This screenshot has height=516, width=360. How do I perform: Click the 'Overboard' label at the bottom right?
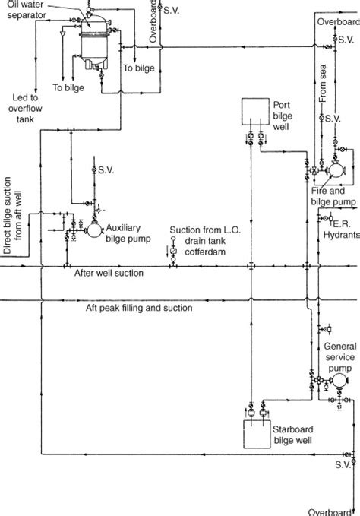click(334, 510)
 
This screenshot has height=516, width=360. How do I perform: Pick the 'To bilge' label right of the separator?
click(139, 68)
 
